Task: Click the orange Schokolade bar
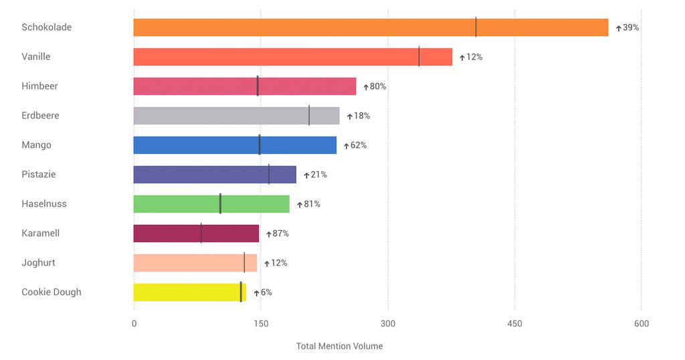[371, 27]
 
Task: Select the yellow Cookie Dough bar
[189, 292]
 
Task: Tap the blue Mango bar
[235, 145]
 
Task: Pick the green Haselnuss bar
[211, 204]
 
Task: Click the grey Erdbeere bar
[236, 116]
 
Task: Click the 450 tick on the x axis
[514, 324]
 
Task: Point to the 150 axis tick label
[261, 324]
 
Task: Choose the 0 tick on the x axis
[134, 324]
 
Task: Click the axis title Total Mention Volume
[339, 347]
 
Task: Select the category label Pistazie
[39, 175]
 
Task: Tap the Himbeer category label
[39, 86]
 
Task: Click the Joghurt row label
[38, 263]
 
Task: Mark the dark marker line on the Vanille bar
[419, 57]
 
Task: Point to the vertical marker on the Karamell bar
[201, 234]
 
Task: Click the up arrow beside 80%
[366, 87]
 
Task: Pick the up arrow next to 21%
[306, 175]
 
